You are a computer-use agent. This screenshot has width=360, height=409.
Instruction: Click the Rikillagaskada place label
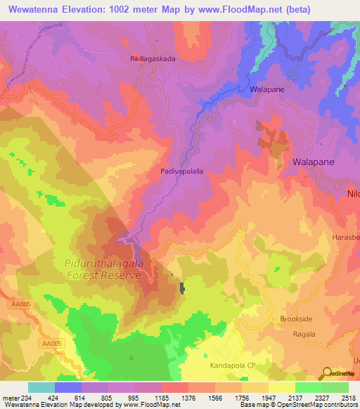(153, 59)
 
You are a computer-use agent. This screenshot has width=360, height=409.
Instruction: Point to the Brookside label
(296, 319)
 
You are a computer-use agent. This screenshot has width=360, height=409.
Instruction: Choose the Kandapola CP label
(233, 366)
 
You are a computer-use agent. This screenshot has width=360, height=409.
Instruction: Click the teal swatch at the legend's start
(41, 387)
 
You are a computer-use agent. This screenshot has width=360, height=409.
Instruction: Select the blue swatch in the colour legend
(68, 387)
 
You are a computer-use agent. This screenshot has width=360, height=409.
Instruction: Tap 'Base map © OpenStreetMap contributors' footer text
(297, 405)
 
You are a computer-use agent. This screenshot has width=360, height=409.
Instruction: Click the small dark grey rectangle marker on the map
(182, 287)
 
